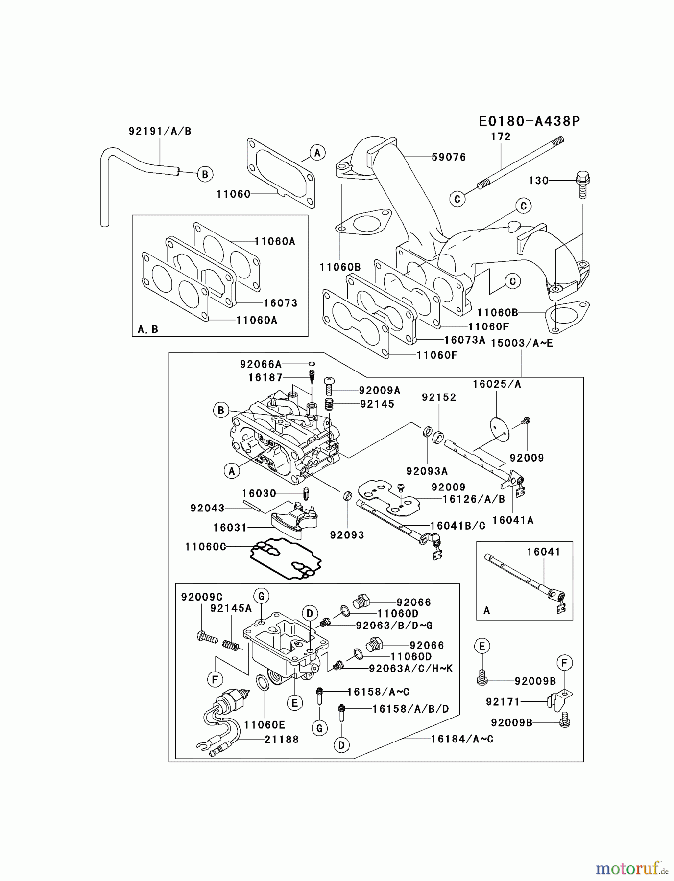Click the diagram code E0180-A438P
[530, 121]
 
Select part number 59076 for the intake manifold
[448, 157]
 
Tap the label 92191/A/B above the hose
[160, 131]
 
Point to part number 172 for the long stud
[501, 137]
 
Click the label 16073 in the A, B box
[280, 303]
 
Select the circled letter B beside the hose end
[205, 174]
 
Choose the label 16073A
[464, 340]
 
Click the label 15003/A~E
[522, 343]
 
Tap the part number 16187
[265, 377]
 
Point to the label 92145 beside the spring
[377, 404]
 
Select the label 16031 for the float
[230, 528]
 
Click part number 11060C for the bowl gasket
[206, 546]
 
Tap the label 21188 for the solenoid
[282, 739]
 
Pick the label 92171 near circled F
[503, 702]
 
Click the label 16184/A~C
[462, 739]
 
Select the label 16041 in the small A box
[543, 552]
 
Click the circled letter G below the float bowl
[319, 728]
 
